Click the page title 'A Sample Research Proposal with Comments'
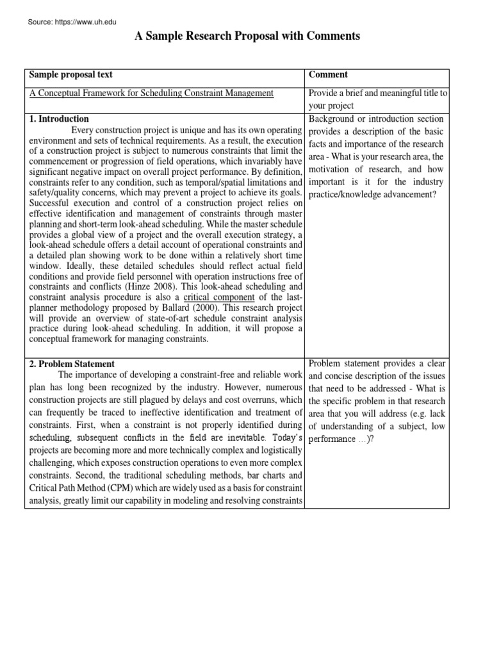point(247,37)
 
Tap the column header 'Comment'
point(328,75)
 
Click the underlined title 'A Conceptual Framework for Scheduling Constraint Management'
point(152,94)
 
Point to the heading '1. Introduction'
point(59,119)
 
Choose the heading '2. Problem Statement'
point(72,364)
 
